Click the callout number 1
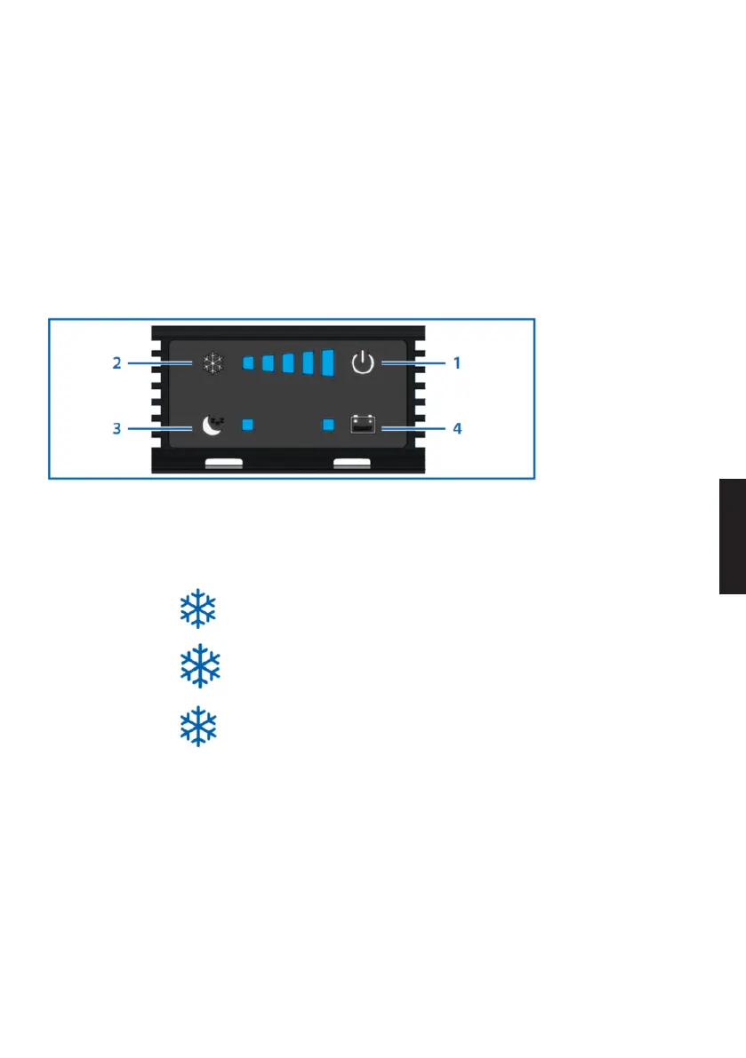click(x=457, y=363)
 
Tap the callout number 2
click(x=117, y=363)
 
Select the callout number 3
click(x=117, y=428)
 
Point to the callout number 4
click(x=457, y=428)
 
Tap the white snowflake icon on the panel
click(x=212, y=363)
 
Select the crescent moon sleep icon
click(x=211, y=426)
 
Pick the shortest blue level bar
click(x=248, y=363)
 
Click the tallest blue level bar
click(x=327, y=362)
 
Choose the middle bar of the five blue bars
click(x=287, y=363)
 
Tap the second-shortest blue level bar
click(x=268, y=363)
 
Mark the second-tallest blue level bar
click(x=308, y=362)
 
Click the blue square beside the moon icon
click(x=249, y=426)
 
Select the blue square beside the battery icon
click(x=328, y=426)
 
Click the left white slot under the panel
click(x=223, y=463)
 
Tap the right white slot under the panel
click(x=351, y=463)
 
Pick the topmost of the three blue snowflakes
click(x=198, y=609)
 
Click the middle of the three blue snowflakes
click(x=198, y=665)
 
